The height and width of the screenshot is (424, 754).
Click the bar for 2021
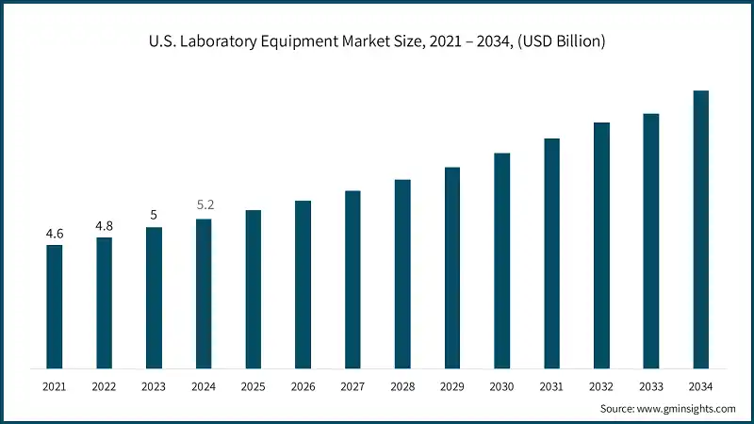(55, 306)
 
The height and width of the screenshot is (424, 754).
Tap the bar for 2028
(402, 273)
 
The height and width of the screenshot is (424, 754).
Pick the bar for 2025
(253, 288)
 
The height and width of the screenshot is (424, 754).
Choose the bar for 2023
(154, 297)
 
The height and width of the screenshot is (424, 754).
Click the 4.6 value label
(55, 233)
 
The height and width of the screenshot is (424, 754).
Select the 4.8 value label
(104, 225)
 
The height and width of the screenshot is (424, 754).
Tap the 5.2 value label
(204, 204)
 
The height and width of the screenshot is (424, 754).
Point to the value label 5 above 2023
(154, 215)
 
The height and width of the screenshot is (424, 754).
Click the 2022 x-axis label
(104, 386)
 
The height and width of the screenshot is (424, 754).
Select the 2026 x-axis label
(303, 386)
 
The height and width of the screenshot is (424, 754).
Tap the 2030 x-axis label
(501, 386)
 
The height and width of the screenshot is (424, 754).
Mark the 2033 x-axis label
(650, 386)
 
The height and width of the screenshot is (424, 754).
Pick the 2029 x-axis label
(452, 386)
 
